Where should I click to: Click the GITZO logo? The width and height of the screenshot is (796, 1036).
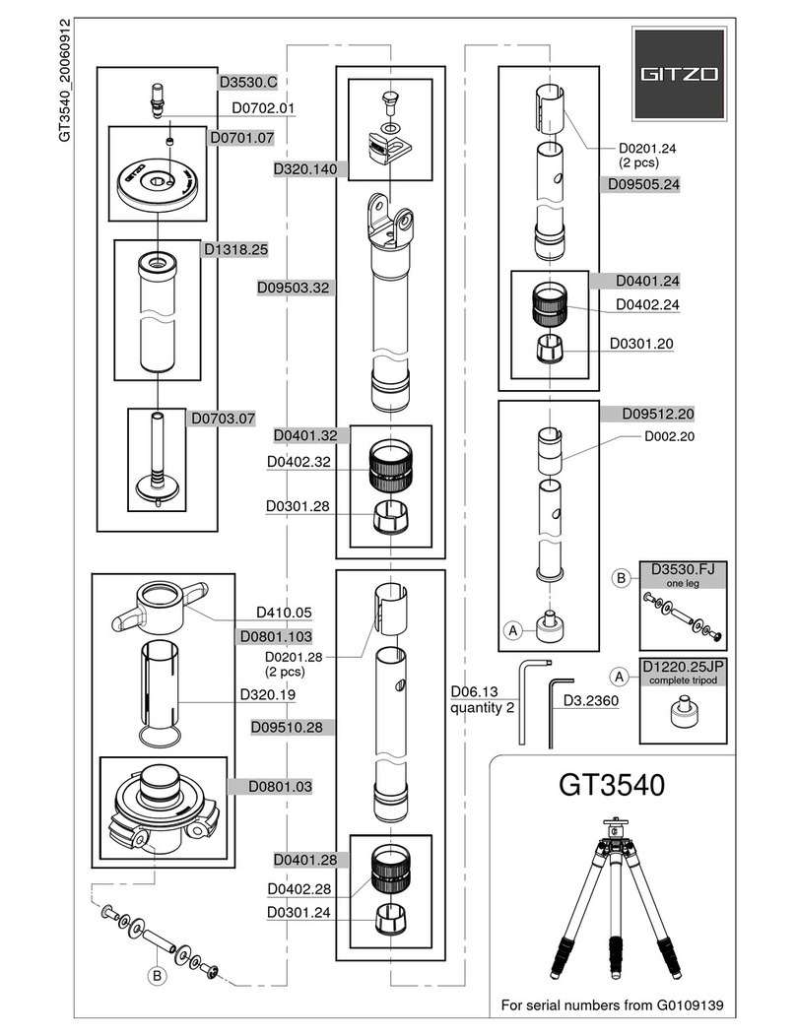[678, 72]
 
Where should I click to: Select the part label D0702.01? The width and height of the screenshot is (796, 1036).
[263, 108]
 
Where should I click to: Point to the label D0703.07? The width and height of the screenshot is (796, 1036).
[223, 419]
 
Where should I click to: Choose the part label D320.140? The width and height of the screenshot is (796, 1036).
[304, 169]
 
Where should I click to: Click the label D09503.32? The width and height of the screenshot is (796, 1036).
[292, 288]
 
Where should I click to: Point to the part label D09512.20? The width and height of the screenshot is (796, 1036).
[659, 413]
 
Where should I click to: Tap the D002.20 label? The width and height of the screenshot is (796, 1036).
[670, 436]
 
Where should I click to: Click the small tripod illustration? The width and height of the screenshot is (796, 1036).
[612, 896]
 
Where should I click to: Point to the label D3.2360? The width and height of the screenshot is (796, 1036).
[590, 701]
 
